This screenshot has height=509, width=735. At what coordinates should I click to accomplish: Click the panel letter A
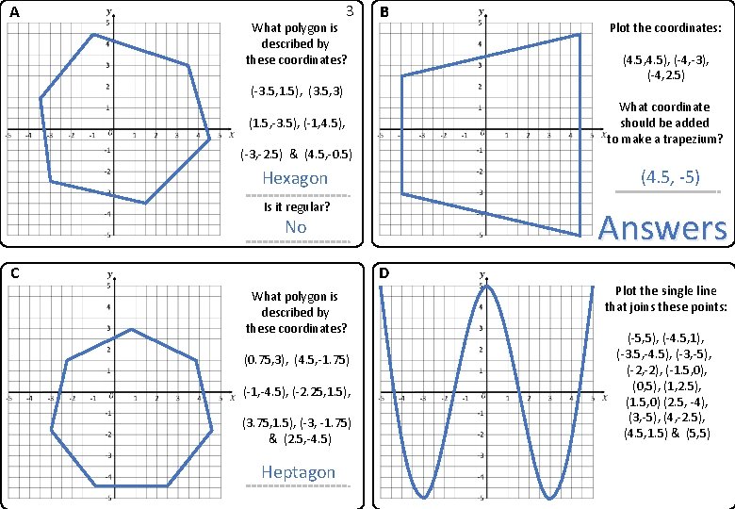pos(13,11)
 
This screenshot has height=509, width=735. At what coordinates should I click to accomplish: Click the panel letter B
pos(384,11)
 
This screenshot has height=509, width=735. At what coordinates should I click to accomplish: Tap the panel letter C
pos(13,273)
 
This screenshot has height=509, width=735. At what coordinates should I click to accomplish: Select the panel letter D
pos(384,273)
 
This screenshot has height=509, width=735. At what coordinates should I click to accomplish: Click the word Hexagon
pos(295,178)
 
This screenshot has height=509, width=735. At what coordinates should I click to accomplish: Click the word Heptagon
pos(298,471)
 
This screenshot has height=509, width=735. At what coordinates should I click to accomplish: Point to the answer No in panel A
pos(296,227)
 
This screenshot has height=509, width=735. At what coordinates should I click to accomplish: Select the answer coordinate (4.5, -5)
pos(669,176)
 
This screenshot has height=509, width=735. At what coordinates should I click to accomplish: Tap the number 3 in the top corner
pos(350,12)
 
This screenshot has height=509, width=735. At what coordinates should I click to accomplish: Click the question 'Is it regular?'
pos(296,205)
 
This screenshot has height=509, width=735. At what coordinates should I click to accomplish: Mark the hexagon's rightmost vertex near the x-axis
pos(209,140)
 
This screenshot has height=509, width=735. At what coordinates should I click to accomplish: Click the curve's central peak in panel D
pos(484,285)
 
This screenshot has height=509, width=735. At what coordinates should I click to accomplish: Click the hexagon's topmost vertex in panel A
pos(92,35)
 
